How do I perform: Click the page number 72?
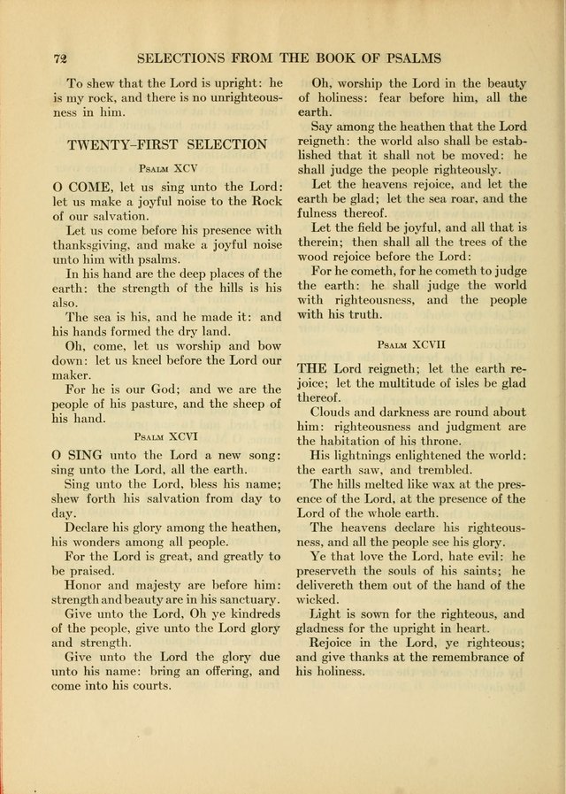(61, 59)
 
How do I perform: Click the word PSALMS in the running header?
(404, 59)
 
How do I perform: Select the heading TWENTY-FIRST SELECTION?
(167, 143)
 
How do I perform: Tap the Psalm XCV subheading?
(167, 167)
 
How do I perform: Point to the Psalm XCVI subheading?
(167, 436)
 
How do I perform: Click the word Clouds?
(335, 412)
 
